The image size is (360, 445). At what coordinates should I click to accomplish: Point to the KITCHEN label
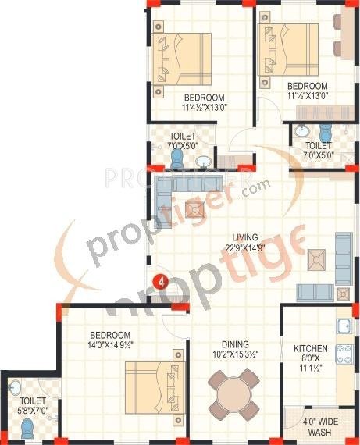click(309, 348)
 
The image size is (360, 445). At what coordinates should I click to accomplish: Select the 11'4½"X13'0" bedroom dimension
click(204, 108)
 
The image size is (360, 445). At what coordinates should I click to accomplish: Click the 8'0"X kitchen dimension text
click(309, 359)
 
